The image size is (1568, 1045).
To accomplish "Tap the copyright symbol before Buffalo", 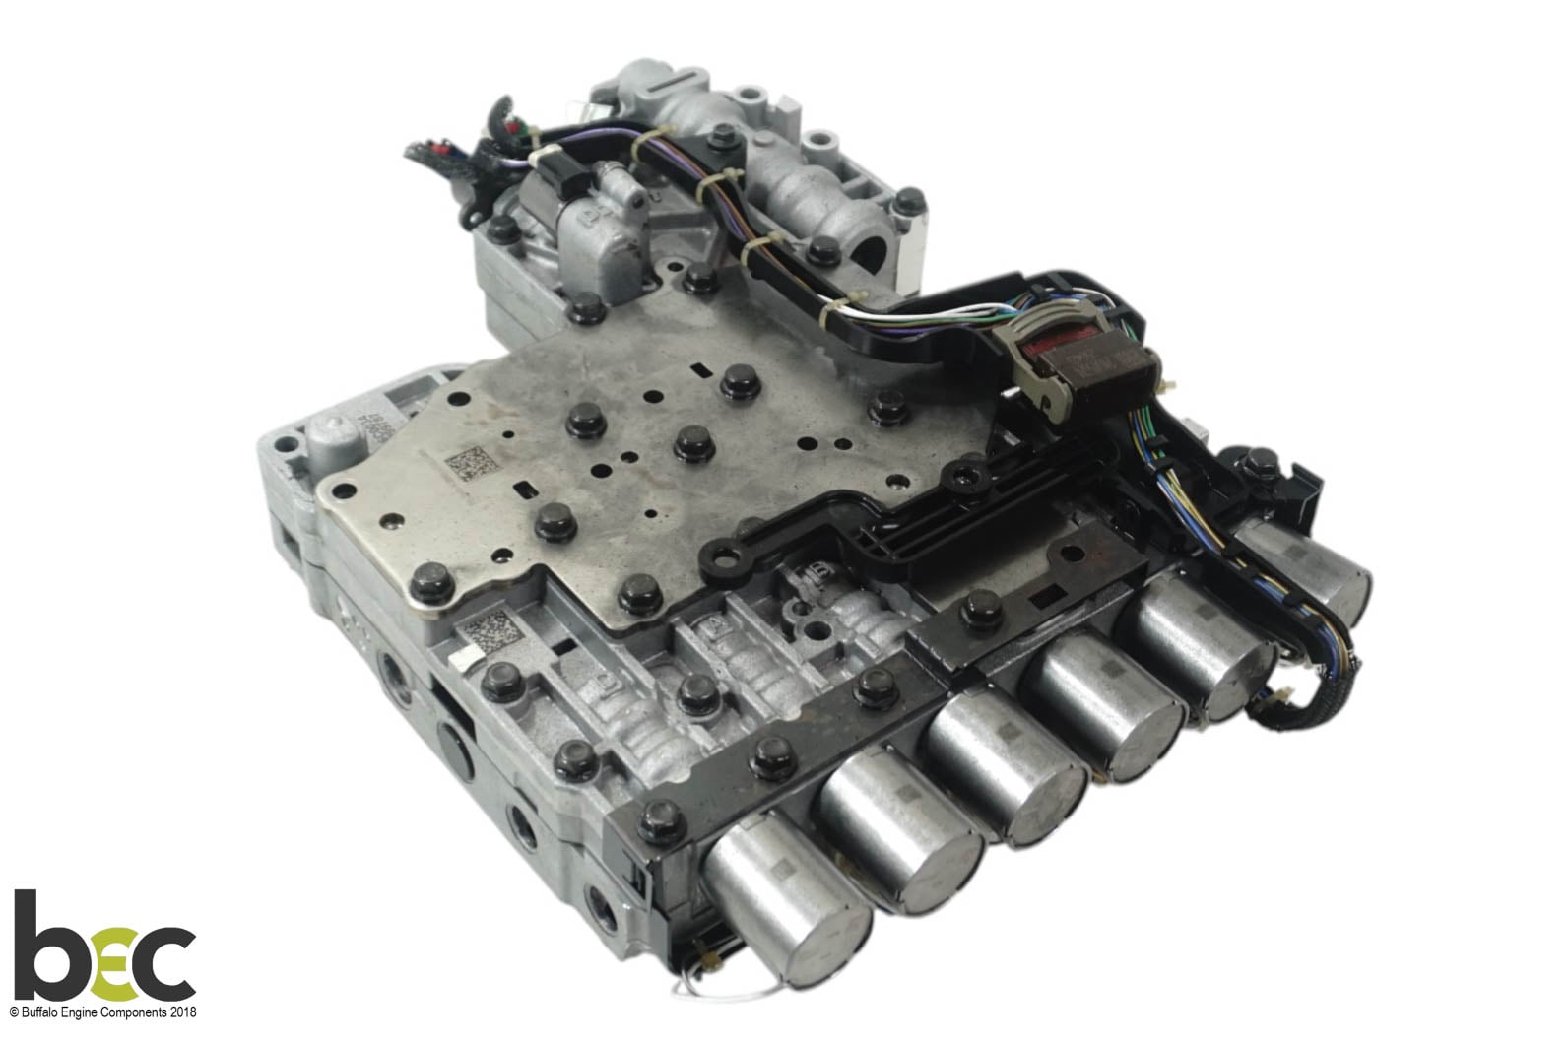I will tap(14, 1012).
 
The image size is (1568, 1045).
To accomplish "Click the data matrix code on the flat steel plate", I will tap(468, 461).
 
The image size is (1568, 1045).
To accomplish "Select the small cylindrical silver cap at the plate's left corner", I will tap(328, 432).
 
